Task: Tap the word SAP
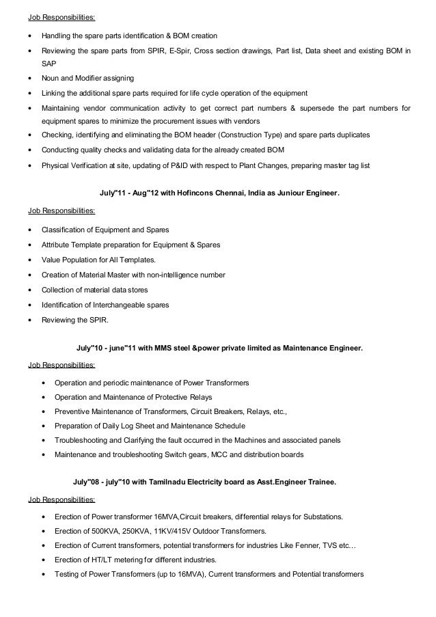49,63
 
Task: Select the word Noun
51,79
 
